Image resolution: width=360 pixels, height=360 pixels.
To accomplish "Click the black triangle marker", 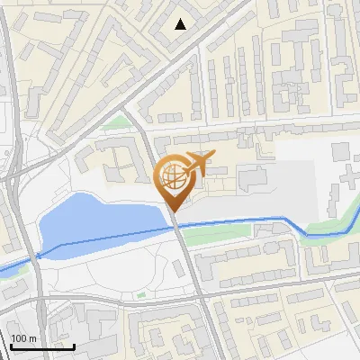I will tap(181, 24).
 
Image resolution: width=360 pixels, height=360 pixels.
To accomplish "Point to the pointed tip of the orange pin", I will tap(174, 211).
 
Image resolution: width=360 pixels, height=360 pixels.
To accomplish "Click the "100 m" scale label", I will tap(23, 338).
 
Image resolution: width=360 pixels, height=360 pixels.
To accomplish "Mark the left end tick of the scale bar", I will tap(12, 345).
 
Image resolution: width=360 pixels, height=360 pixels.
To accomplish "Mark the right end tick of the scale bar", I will tap(75, 345).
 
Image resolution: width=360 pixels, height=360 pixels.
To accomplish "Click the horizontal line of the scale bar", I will tap(43, 346).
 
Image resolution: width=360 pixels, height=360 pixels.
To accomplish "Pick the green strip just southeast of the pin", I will tap(216, 236).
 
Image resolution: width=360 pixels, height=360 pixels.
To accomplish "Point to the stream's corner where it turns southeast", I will tap(286, 219).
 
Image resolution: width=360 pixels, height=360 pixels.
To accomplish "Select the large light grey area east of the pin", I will tap(279, 184).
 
